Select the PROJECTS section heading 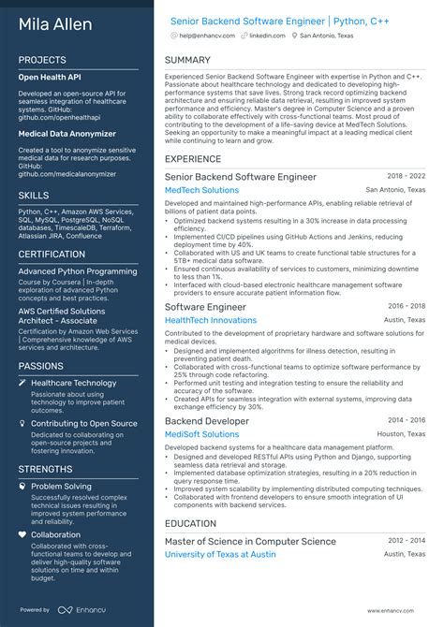tap(42, 60)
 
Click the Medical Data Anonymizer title tap(67, 134)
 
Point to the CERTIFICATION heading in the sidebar tap(52, 254)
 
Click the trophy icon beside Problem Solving tap(22, 487)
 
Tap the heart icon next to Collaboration tap(22, 535)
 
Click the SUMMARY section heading tap(187, 60)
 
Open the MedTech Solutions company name tap(201, 190)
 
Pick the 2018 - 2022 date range tap(407, 175)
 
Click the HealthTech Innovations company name tap(210, 320)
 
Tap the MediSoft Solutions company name tap(201, 434)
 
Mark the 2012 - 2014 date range tap(407, 539)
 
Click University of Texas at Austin tap(220, 554)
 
